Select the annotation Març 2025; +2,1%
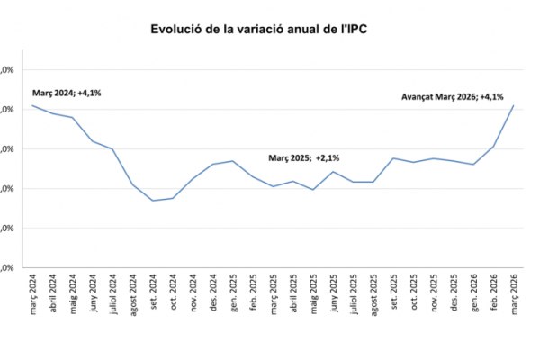[310, 157]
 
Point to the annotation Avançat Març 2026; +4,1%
[452, 97]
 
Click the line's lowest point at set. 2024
[153, 201]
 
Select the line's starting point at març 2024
[33, 105]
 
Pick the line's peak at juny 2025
[333, 171]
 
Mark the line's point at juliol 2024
[112, 148]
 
